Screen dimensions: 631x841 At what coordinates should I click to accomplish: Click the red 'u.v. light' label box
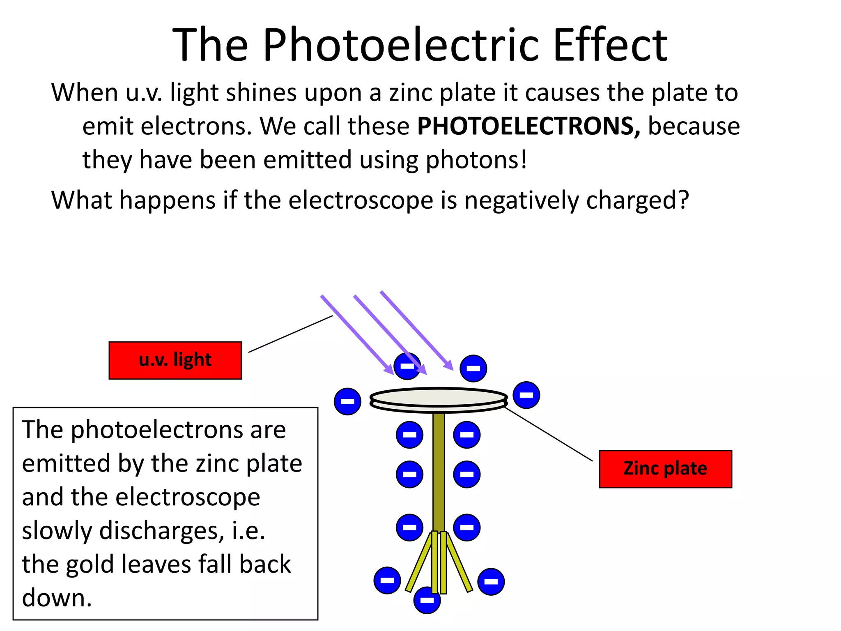175,360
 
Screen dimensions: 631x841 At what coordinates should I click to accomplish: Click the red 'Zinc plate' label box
665,469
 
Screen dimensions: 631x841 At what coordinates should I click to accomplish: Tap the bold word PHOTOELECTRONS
528,126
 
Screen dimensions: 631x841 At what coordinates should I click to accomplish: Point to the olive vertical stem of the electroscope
439,472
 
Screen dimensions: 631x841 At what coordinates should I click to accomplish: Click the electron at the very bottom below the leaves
427,600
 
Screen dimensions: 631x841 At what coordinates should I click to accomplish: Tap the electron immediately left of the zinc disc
347,401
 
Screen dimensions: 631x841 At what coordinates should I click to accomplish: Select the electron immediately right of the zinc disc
526,395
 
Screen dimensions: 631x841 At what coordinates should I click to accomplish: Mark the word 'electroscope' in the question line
361,200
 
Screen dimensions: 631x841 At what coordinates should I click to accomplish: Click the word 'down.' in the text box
57,598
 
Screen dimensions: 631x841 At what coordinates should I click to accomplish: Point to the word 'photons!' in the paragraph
476,160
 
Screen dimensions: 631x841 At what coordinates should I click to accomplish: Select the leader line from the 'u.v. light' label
290,334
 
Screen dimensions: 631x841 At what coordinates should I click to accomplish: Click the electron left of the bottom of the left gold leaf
387,580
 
